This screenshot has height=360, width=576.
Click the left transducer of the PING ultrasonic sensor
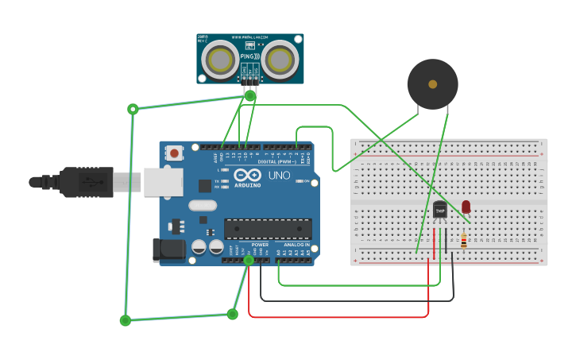(218, 58)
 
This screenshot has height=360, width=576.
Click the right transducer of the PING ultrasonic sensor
(280, 58)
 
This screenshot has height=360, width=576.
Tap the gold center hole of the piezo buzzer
(432, 83)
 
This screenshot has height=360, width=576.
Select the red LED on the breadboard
(466, 207)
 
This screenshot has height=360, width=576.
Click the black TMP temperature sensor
(439, 210)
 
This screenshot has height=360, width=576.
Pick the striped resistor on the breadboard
(464, 240)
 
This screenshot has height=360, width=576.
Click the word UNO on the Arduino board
(279, 176)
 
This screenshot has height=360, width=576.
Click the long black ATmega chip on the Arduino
(267, 229)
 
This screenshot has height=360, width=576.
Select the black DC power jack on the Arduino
(169, 250)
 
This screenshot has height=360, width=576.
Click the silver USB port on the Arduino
(163, 182)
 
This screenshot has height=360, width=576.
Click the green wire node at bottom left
(126, 320)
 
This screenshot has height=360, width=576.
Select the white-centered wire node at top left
(133, 109)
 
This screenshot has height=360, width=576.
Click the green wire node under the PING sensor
(249, 95)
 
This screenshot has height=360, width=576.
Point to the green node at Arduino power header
(249, 260)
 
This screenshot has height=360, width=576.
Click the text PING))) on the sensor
(249, 56)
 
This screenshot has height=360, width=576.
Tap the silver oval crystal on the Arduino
(203, 205)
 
